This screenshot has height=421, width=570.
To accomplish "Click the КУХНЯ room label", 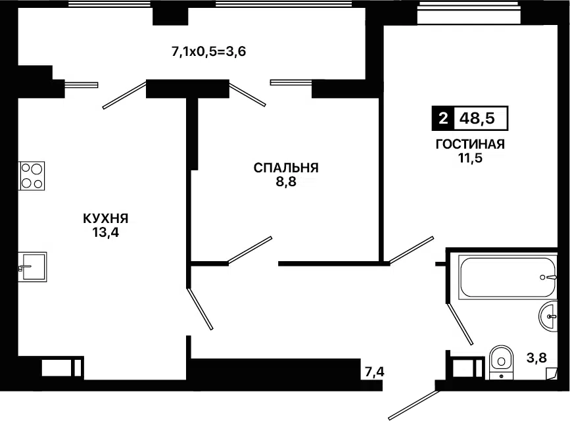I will click(x=105, y=218).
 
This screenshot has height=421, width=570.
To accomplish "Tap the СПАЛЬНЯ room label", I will click(x=286, y=168).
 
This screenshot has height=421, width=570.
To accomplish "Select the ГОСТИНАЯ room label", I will click(x=470, y=145).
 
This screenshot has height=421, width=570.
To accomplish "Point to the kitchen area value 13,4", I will click(x=105, y=232).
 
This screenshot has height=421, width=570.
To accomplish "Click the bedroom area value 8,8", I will click(x=286, y=182).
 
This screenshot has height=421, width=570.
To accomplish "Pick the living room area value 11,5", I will click(x=470, y=159).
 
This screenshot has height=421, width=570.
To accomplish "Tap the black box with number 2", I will click(x=443, y=119).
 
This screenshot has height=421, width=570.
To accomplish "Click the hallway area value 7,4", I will click(x=374, y=373).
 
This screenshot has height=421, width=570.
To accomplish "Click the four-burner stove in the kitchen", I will click(x=31, y=176).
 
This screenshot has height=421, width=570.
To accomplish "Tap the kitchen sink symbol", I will click(x=32, y=266).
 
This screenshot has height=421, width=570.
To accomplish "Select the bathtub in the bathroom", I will click(x=507, y=277).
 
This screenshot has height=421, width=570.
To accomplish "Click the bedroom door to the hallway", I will click(x=250, y=250).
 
